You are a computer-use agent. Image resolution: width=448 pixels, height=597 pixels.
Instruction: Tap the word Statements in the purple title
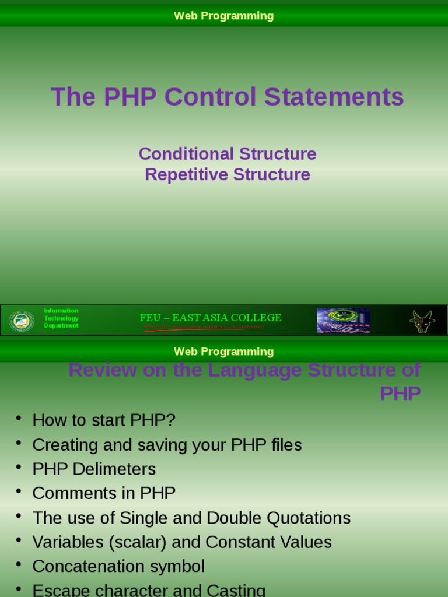[334, 97]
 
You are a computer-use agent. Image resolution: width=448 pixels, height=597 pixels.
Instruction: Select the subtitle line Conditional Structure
[228, 154]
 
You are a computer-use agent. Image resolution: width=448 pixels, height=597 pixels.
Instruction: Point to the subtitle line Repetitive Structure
[228, 174]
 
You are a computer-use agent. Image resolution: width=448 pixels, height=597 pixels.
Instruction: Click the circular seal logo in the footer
[22, 321]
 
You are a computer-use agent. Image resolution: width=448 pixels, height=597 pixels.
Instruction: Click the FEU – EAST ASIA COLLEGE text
[211, 318]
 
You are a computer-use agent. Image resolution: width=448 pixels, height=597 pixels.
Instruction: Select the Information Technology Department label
[61, 318]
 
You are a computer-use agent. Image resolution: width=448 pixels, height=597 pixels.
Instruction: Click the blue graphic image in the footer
[343, 321]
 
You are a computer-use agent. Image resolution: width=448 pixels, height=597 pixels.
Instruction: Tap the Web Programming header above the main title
[223, 16]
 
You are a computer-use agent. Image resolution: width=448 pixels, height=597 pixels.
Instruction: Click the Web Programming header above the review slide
[223, 352]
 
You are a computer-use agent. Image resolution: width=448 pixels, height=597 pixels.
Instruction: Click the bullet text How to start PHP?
[104, 420]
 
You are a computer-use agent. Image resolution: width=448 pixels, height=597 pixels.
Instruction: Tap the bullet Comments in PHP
[104, 493]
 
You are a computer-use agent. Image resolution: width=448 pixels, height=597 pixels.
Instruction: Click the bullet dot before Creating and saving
[19, 443]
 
